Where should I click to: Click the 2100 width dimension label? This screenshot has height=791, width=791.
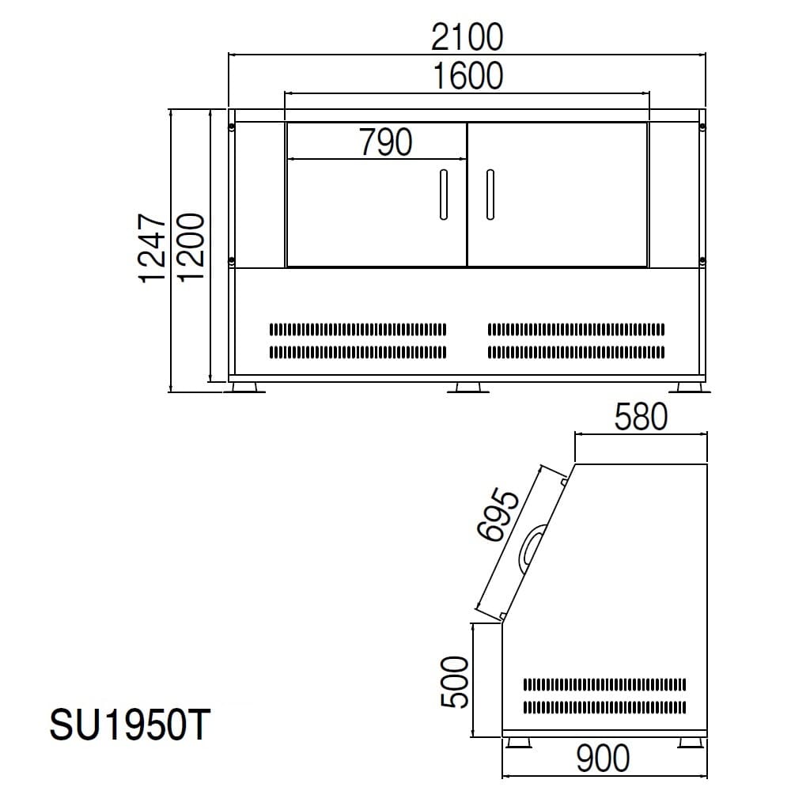[467, 37]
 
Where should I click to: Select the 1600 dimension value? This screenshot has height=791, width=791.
[468, 76]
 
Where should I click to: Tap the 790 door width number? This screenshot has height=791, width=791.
[386, 142]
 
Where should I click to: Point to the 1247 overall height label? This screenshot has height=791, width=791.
[153, 248]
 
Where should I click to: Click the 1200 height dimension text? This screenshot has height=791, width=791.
[191, 247]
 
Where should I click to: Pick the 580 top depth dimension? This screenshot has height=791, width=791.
[641, 417]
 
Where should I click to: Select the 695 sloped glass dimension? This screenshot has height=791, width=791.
[498, 515]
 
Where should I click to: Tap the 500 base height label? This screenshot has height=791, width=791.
[455, 682]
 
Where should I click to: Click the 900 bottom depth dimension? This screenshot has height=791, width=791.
[603, 759]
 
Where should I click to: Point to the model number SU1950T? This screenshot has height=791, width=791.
[130, 725]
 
